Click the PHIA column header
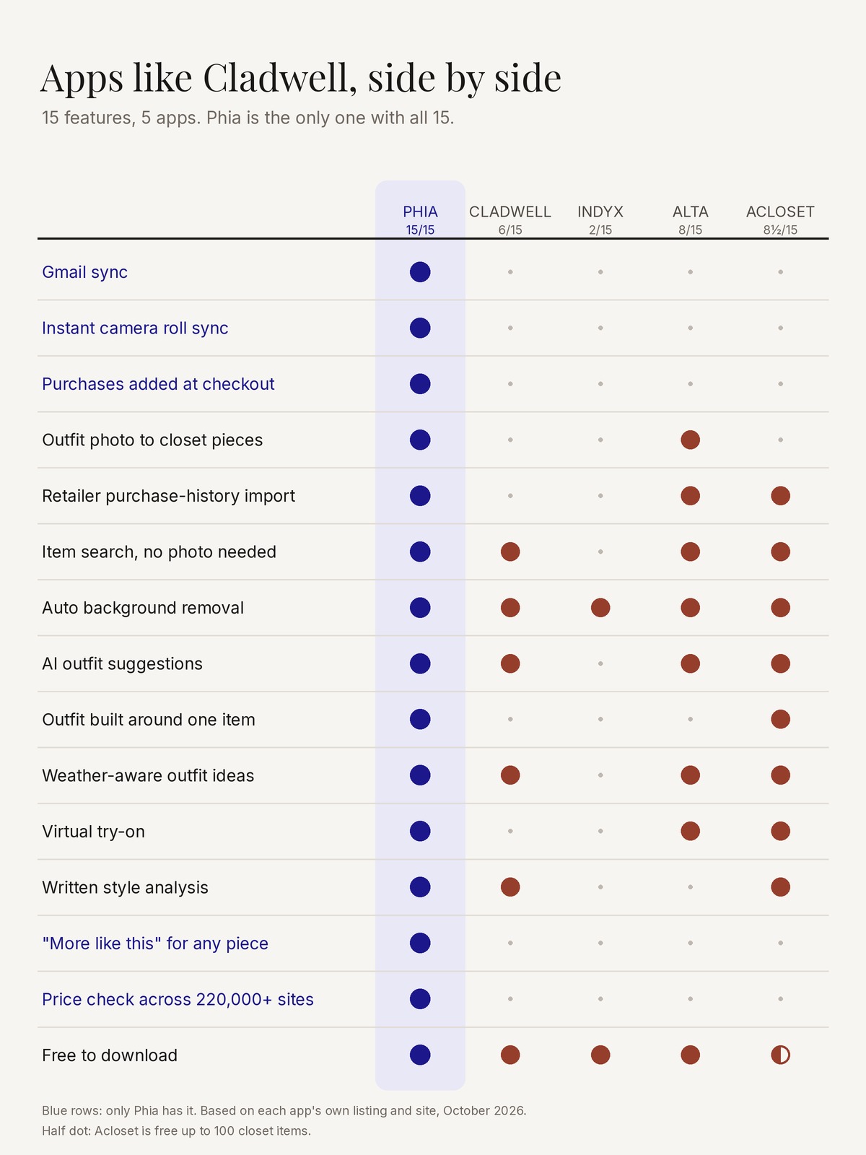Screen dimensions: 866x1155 coord(420,212)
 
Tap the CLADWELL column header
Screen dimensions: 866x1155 coord(510,212)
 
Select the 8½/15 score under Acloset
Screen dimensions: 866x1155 coord(780,230)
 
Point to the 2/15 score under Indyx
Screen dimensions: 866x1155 coord(600,230)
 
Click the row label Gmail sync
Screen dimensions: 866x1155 coord(84,272)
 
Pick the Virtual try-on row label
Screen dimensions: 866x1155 coord(93,832)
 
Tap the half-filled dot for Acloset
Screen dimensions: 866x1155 coord(780,1055)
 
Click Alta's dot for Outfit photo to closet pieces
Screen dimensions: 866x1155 coord(690,440)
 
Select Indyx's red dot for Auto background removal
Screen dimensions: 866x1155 coord(600,608)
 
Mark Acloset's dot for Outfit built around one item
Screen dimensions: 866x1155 coord(780,719)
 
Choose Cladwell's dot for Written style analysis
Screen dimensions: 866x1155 coord(510,887)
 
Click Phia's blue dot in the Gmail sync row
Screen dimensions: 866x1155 coord(420,272)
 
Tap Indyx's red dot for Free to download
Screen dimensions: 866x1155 coord(600,1055)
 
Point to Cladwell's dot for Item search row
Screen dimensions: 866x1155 coord(510,552)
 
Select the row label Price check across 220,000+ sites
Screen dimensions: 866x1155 coord(178,999)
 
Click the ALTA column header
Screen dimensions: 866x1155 coord(690,212)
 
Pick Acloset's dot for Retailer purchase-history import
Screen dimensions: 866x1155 coord(780,496)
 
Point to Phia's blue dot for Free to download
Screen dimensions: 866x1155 coord(420,1055)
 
